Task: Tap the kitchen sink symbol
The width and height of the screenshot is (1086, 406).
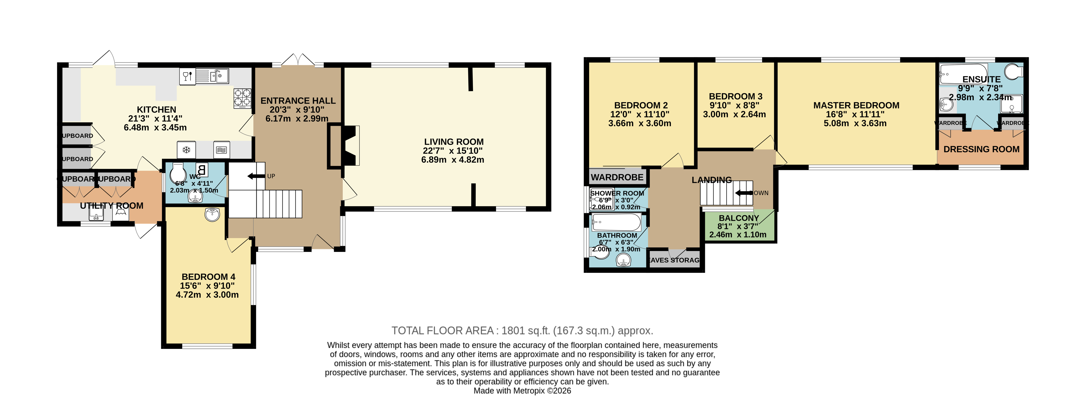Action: [x=218, y=76]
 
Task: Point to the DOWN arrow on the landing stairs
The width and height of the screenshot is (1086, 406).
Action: [x=744, y=193]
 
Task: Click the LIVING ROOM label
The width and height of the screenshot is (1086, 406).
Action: [x=454, y=142]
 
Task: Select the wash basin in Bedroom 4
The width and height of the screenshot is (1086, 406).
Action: [x=213, y=215]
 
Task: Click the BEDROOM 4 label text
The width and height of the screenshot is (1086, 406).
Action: [x=208, y=277]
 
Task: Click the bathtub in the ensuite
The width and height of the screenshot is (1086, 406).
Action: [x=963, y=73]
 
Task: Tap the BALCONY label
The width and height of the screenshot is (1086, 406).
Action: [x=739, y=218]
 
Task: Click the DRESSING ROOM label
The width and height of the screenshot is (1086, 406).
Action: [x=981, y=149]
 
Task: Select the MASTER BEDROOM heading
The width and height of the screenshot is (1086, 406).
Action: [x=856, y=105]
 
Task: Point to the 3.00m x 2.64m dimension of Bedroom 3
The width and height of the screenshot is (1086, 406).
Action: [x=734, y=114]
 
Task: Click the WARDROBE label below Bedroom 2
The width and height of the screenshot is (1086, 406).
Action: [x=617, y=177]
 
